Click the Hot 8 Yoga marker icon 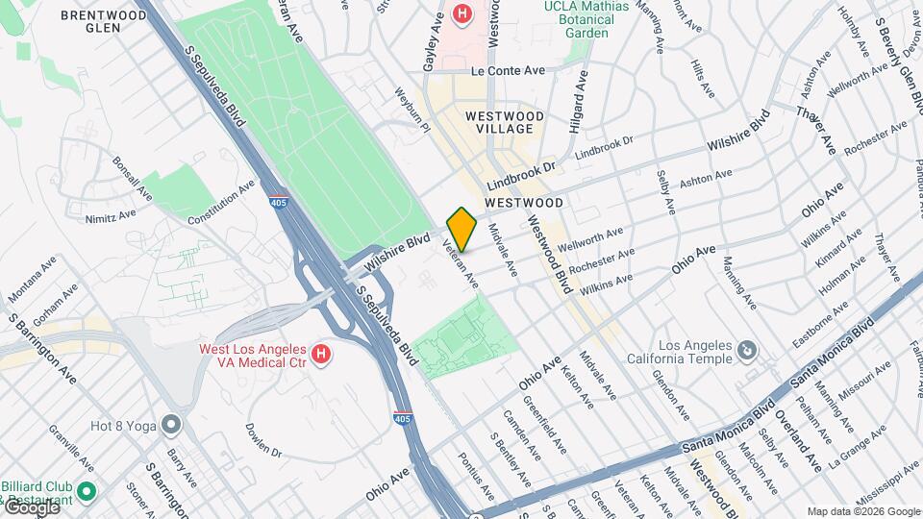tap(171, 424)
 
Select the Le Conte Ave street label tap(508, 71)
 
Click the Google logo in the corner tap(31, 507)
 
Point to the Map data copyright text tap(863, 511)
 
